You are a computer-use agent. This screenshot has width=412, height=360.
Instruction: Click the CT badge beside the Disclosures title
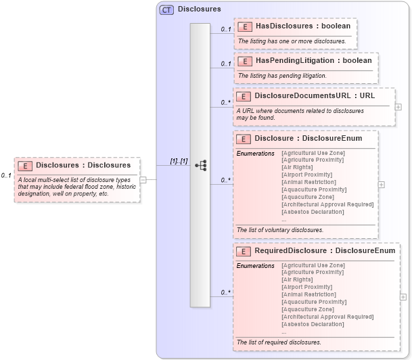166,9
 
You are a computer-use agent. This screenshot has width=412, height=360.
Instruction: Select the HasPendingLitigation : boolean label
313,61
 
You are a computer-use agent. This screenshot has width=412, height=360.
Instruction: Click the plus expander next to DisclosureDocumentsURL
398,107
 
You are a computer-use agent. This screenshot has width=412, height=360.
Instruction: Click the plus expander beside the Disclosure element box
382,184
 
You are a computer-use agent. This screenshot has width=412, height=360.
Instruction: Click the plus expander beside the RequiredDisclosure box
403,296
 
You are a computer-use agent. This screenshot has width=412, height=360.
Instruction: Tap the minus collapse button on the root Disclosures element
143,179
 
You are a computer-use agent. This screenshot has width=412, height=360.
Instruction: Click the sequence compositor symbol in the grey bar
200,165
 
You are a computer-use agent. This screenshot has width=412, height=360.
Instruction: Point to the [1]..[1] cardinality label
179,161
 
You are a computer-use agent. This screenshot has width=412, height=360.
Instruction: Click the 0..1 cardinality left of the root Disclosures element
6,175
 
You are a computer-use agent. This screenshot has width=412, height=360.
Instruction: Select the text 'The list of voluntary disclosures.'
280,230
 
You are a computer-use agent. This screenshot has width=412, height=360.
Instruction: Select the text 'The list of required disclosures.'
279,342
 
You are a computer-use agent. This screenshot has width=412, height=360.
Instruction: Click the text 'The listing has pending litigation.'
282,76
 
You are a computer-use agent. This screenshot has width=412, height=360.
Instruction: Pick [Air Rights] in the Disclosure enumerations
297,167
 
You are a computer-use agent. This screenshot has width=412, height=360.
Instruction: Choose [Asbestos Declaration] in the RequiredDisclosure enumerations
313,324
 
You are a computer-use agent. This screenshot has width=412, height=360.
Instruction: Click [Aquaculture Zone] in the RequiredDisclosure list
308,309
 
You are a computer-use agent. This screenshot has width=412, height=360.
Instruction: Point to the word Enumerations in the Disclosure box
255,153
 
